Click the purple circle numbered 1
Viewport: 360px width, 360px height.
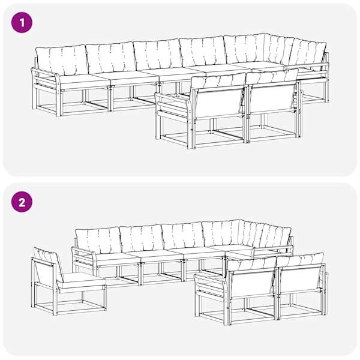[22, 23]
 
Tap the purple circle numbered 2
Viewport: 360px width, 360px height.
[22, 203]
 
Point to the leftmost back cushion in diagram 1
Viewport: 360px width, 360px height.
[62, 59]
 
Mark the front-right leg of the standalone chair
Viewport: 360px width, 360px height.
[104, 298]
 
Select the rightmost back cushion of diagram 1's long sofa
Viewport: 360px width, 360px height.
[308, 54]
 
